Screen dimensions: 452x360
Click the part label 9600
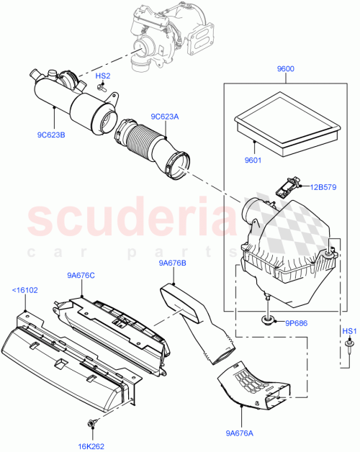[286, 70]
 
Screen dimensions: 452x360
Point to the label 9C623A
[165, 117]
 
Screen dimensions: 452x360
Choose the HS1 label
[348, 331]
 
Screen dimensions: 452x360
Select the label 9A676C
[81, 274]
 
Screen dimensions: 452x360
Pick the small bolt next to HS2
[104, 90]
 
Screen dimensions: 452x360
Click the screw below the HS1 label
[348, 348]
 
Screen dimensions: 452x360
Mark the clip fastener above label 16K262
[94, 425]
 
